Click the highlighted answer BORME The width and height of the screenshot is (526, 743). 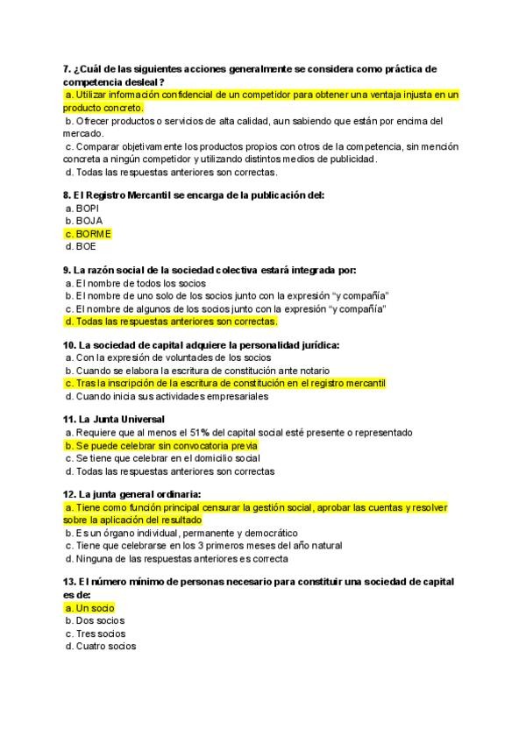tap(88, 234)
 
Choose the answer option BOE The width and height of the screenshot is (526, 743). tap(85, 247)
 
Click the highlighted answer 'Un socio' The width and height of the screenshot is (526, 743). tap(90, 607)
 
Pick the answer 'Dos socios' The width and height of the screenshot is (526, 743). tap(96, 620)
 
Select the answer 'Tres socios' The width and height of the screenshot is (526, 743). tap(96, 633)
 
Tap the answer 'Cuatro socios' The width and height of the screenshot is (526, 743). tap(101, 647)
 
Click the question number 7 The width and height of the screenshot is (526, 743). tap(67, 69)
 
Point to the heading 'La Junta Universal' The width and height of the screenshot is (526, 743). tap(115, 420)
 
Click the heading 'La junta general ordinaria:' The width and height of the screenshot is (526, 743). tap(132, 494)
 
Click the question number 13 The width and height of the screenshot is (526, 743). tap(70, 582)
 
